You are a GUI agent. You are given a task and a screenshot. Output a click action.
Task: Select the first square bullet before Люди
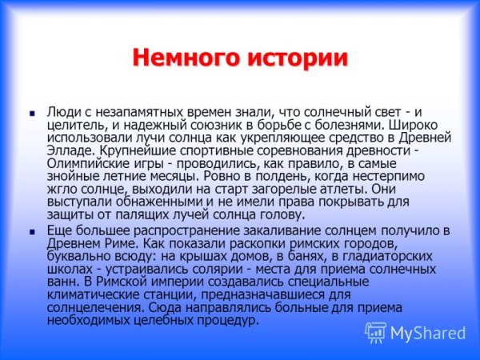[x=32, y=114]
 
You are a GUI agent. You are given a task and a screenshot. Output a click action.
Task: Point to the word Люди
[x=64, y=113]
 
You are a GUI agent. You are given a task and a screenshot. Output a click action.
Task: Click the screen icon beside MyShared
[x=376, y=333]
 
